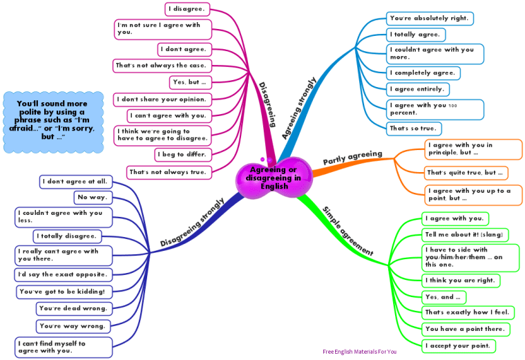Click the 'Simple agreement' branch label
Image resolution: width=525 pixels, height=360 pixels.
(348, 231)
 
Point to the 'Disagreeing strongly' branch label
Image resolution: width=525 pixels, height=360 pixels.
(192, 223)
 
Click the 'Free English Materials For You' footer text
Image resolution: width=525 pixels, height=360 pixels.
(359, 352)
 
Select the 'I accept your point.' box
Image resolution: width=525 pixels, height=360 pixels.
(458, 345)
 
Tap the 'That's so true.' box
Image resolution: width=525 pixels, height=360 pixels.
(414, 128)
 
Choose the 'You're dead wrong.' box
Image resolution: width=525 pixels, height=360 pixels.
(72, 308)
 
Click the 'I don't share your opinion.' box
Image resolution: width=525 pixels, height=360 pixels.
(160, 99)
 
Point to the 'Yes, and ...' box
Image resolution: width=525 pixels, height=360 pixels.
(443, 297)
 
